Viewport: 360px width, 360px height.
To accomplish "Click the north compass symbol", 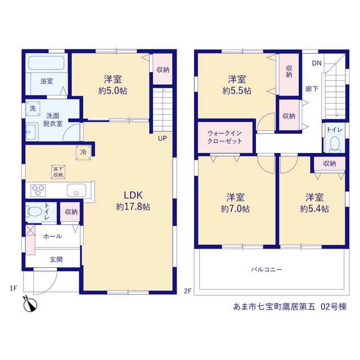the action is point(30,304).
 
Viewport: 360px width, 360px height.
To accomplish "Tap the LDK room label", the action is point(133,195).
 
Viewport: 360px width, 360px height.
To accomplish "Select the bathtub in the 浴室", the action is point(46,62).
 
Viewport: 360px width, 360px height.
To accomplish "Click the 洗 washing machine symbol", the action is point(33,108).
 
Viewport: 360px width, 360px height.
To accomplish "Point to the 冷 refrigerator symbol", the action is point(84,152).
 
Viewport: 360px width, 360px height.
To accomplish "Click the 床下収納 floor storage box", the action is point(58,172).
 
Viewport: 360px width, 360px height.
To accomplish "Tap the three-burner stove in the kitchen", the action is point(38,190).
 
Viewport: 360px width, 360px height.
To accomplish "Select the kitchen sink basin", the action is point(76,190).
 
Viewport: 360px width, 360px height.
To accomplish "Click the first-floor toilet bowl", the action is point(34,211).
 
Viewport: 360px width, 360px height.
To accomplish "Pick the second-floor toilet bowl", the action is point(335,143).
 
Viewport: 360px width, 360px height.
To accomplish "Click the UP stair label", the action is point(163,138).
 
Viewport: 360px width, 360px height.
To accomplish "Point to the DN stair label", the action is point(317,63).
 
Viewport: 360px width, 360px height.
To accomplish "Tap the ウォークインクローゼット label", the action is point(224,137).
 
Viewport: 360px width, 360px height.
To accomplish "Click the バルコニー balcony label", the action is point(266,269).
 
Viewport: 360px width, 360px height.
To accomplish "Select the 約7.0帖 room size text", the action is point(235,209).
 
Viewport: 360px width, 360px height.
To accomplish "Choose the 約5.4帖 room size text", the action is point(314,209).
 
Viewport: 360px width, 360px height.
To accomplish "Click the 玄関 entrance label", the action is point(56,259).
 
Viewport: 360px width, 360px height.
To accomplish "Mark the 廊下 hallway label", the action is point(312,89).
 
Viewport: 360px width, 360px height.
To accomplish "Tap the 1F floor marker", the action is point(13,288).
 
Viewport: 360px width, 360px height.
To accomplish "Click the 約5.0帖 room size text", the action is point(112,91).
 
